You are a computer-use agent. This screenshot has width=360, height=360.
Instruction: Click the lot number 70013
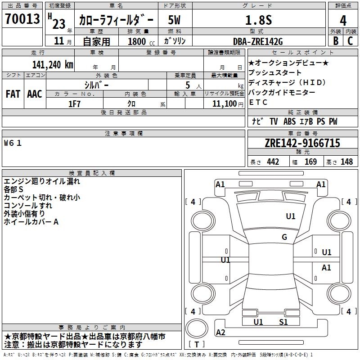tap(22, 20)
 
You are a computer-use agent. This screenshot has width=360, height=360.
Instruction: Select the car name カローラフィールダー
tap(116, 20)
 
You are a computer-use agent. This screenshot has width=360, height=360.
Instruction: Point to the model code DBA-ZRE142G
tap(258, 41)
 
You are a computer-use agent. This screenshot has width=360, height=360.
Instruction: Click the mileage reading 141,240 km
tap(53, 64)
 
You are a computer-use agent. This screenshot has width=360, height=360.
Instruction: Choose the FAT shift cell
tap(13, 94)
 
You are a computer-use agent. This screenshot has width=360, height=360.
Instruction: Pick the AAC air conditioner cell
tap(35, 94)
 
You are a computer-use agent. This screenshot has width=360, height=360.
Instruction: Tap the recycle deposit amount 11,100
tap(224, 103)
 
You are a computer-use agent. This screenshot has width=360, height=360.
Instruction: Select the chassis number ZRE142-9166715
tap(302, 143)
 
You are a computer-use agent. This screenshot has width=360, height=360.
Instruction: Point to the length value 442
tap(273, 162)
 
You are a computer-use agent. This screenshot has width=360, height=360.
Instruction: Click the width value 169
tap(310, 162)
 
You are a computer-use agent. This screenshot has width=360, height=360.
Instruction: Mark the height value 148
tap(346, 162)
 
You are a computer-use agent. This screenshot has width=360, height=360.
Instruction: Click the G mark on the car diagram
tap(284, 237)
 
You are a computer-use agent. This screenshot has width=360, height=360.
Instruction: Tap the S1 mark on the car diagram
tap(283, 322)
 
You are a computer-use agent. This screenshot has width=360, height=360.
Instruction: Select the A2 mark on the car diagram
tap(220, 333)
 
